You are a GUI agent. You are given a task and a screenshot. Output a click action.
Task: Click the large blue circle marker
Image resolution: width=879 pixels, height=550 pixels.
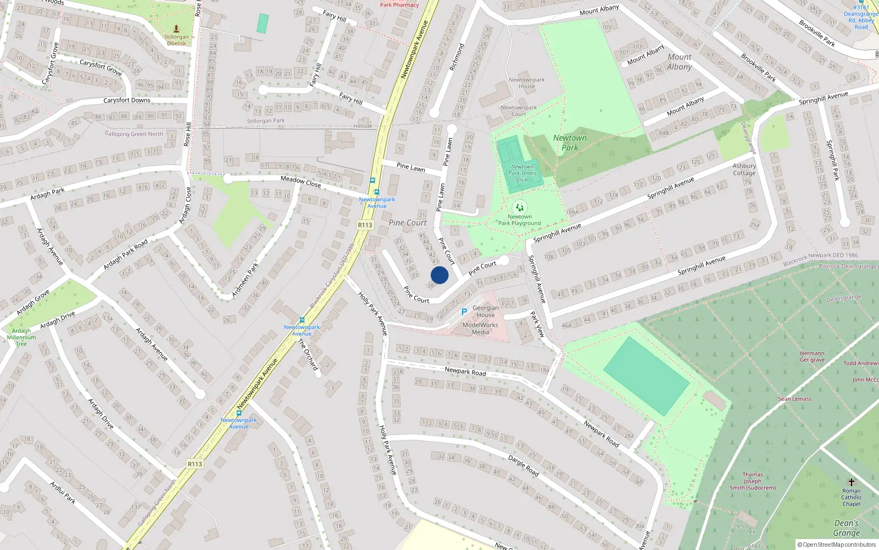[439, 275]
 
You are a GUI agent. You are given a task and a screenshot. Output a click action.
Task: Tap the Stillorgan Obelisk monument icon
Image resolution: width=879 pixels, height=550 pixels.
[176, 29]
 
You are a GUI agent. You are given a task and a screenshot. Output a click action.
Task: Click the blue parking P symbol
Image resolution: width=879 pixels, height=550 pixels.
[464, 312]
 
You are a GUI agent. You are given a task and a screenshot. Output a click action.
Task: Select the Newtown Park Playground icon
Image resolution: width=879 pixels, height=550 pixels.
[519, 207]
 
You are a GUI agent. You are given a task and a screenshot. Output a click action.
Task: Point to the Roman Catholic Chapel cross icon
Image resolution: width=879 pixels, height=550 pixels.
[851, 482]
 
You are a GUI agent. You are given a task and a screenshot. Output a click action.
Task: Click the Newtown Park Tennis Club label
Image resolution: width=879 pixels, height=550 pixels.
[522, 173]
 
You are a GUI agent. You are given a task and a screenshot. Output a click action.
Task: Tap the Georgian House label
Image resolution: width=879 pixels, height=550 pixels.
[486, 311]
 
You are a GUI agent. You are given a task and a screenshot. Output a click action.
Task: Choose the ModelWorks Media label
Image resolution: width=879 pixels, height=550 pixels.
[480, 328]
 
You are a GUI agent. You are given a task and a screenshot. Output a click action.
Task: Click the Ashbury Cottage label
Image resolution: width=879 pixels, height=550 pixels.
[744, 169]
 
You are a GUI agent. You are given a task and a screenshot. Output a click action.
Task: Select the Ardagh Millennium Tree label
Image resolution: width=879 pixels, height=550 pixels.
[21, 337]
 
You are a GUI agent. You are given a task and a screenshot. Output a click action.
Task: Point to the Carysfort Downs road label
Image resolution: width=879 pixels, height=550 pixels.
[127, 100]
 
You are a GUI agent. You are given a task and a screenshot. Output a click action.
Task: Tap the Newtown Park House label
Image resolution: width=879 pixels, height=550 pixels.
[526, 83]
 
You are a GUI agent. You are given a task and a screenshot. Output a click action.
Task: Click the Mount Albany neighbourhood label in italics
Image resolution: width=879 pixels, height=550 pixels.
[680, 62]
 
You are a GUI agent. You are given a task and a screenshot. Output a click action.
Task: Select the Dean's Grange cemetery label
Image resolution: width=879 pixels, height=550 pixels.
[846, 528]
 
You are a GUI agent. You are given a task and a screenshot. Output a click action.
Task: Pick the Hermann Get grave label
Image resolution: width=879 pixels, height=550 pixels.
[812, 356]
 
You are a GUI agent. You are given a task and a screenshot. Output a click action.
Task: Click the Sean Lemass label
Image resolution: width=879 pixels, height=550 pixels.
[794, 399]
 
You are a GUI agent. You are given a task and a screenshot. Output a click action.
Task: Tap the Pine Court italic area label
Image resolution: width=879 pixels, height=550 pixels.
[408, 223]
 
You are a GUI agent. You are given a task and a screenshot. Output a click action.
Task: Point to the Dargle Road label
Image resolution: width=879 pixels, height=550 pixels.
[523, 465]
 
